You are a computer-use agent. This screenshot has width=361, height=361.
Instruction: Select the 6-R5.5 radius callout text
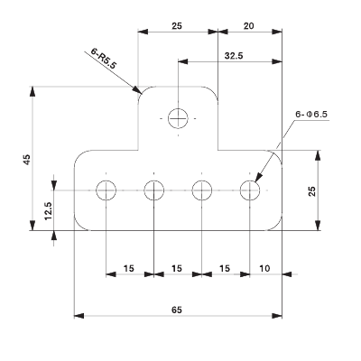click(x=106, y=60)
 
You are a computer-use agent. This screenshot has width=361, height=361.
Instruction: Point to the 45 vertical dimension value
click(x=27, y=160)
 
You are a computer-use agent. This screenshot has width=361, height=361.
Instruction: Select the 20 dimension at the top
click(x=249, y=27)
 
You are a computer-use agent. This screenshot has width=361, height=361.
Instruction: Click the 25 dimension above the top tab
click(x=177, y=27)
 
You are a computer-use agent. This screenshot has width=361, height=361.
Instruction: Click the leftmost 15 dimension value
click(x=129, y=269)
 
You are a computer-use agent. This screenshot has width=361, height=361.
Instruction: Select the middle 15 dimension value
click(x=177, y=269)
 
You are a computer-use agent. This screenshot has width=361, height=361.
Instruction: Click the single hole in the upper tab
click(x=179, y=117)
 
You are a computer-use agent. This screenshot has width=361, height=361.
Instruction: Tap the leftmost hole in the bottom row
click(x=106, y=190)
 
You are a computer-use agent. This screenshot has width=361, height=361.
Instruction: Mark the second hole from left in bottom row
click(x=154, y=190)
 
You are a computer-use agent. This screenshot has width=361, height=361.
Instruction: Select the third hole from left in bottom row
click(x=202, y=190)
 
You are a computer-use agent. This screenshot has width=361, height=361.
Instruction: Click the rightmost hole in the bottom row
click(x=250, y=190)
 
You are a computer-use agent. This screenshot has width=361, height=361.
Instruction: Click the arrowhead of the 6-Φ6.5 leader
click(x=256, y=181)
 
